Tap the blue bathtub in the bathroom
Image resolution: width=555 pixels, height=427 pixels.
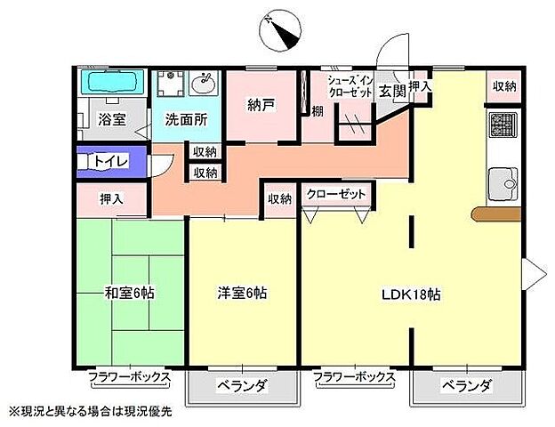click(110, 84)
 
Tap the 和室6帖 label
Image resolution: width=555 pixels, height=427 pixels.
click(129, 293)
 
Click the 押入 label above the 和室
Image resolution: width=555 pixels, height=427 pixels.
click(110, 198)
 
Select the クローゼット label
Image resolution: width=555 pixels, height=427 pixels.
click(337, 194)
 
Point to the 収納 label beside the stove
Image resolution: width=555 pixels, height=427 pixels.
click(504, 86)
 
